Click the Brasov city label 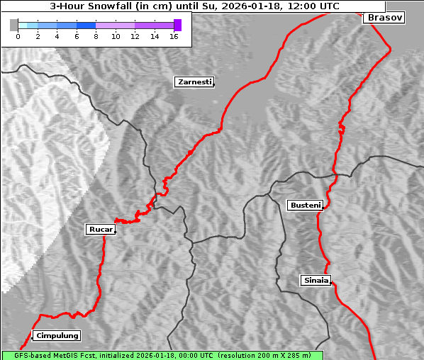click(384, 18)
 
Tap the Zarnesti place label click(194, 82)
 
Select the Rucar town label click(100, 230)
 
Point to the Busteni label click(305, 206)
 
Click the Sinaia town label click(316, 281)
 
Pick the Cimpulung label click(57, 336)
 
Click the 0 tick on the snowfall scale click(18, 36)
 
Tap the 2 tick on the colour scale click(37, 36)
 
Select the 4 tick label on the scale click(57, 36)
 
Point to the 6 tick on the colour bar click(76, 36)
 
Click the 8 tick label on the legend click(96, 36)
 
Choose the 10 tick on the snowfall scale click(116, 36)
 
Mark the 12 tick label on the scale click(135, 36)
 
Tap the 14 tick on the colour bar click(155, 36)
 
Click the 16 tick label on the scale click(174, 36)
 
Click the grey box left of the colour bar click(13, 25)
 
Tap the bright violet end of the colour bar click(177, 25)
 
